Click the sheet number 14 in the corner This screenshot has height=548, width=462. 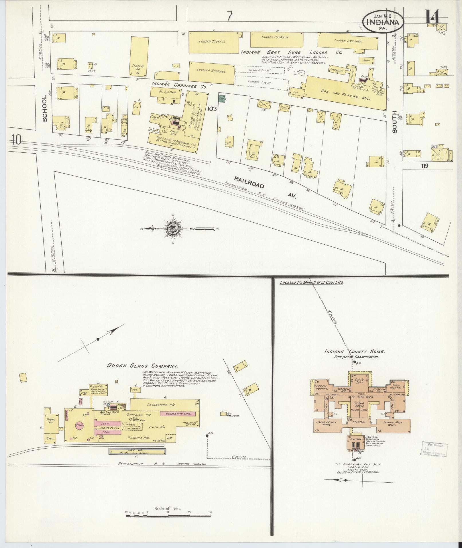tap(432, 17)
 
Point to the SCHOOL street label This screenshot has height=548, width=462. tap(45, 109)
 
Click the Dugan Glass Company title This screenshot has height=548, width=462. tap(142, 366)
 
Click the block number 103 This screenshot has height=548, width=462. tap(212, 109)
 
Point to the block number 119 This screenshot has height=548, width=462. tap(424, 166)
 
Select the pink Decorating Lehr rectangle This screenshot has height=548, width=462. tap(178, 414)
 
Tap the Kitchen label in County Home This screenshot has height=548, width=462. tap(359, 422)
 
